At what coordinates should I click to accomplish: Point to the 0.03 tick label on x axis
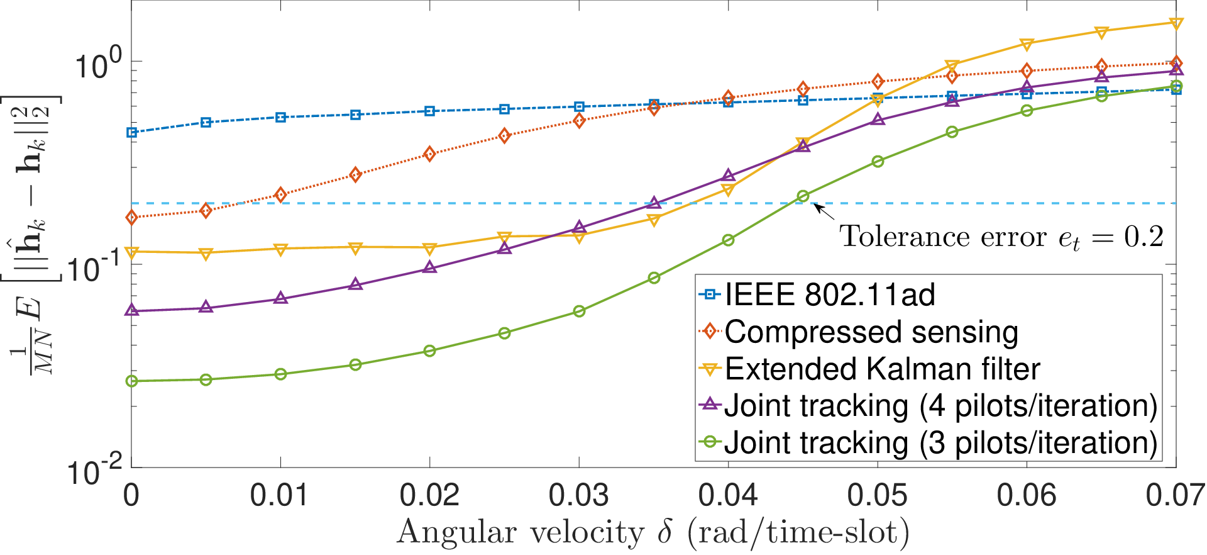(578, 496)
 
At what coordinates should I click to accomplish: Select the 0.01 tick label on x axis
(280, 496)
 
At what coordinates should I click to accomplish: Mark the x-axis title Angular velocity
(653, 532)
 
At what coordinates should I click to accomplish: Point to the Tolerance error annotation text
(1001, 237)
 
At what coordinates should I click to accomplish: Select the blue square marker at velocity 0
(131, 132)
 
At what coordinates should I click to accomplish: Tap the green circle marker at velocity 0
(131, 381)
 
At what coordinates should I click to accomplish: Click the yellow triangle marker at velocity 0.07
(1176, 23)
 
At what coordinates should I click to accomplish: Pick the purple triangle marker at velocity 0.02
(429, 267)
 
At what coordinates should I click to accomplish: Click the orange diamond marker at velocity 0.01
(280, 195)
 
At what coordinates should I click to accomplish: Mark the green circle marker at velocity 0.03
(579, 311)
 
